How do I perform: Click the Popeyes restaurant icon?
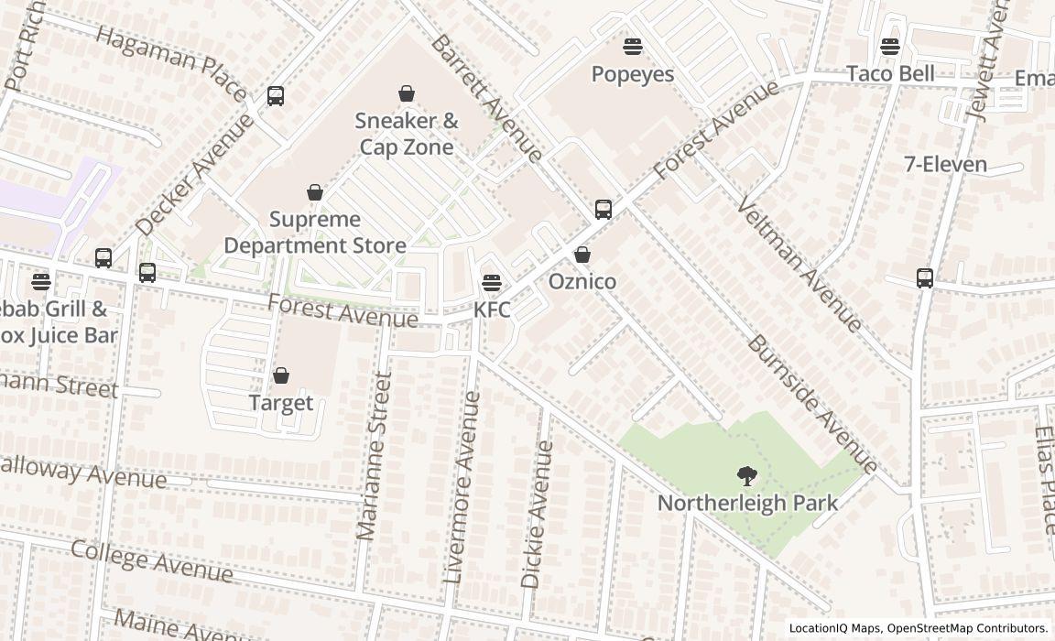point(633,46)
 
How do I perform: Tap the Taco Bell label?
point(890,73)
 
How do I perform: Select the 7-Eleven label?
point(945,165)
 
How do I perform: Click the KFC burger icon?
point(492,282)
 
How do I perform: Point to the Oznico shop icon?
point(582,255)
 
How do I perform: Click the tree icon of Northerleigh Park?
point(747,475)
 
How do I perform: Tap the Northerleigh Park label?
point(747,503)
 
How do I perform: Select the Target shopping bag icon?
point(281,375)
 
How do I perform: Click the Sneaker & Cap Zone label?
point(407,134)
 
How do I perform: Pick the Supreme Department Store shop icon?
point(315,192)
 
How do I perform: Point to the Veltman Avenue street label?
point(799,265)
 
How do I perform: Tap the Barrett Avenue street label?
point(487,98)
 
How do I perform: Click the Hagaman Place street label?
point(170,62)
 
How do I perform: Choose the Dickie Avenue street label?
point(537,514)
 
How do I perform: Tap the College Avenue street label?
point(151,560)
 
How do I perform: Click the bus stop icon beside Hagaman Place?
point(276,95)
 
